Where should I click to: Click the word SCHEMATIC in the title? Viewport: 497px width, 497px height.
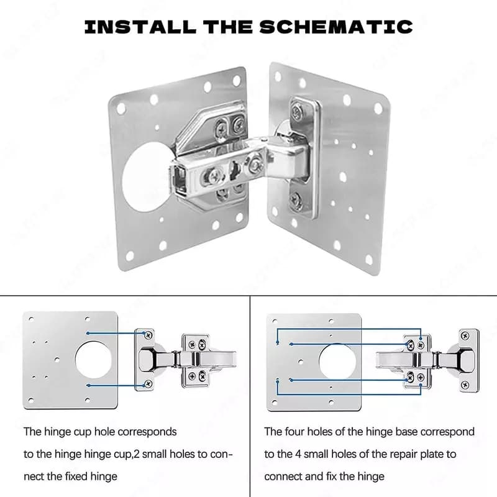pos(336,27)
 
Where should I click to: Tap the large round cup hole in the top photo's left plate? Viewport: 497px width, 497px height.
pos(147,177)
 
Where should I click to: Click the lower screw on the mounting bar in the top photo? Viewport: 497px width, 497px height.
pos(296,199)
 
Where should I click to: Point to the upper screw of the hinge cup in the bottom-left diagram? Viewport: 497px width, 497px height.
pos(148,335)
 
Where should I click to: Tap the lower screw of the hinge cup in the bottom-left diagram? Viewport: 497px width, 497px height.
pos(148,384)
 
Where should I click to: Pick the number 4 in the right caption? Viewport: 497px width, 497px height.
pos(298,454)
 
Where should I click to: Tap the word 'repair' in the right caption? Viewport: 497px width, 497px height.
pos(404,455)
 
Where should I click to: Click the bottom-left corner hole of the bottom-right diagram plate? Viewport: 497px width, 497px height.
pos(275,403)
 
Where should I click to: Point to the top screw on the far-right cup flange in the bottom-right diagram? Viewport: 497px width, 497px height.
pos(465,335)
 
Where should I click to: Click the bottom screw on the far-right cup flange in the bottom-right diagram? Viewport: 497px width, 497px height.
pos(465,385)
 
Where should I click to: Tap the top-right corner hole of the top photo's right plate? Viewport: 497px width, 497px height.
pos(378,109)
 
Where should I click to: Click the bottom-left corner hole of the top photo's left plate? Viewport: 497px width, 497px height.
pos(130,255)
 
